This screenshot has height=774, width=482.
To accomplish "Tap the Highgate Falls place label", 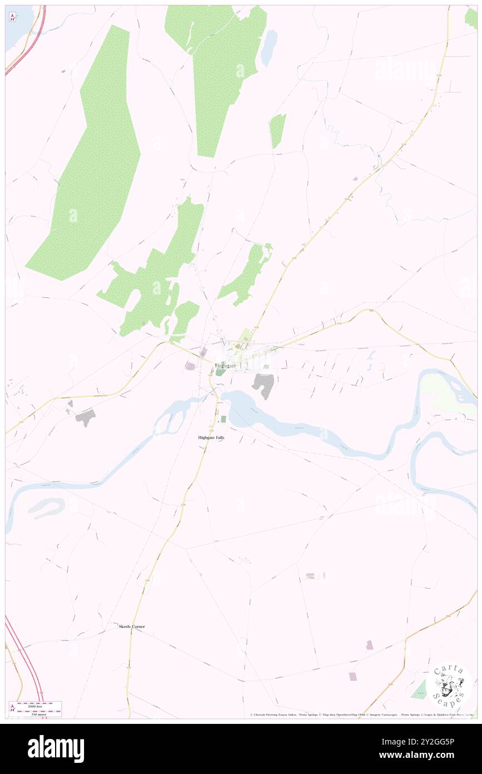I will click(x=212, y=438).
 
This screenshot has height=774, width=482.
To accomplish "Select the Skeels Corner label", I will click(x=132, y=626).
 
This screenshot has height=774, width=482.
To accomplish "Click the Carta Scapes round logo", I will click(x=450, y=685).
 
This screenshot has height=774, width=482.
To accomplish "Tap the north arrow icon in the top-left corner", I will click(x=13, y=17).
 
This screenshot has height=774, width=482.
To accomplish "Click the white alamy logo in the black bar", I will click(x=56, y=748).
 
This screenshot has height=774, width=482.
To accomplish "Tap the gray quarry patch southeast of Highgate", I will click(x=263, y=385).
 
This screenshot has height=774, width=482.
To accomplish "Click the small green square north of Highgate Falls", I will click(x=224, y=419).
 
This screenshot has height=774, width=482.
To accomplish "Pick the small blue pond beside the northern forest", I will click(x=269, y=48).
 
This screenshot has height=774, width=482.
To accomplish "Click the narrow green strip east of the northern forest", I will click(x=277, y=130).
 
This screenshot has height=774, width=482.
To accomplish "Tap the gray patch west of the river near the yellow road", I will click(x=85, y=417).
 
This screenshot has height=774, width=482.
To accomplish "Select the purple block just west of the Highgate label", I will click(x=191, y=366).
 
